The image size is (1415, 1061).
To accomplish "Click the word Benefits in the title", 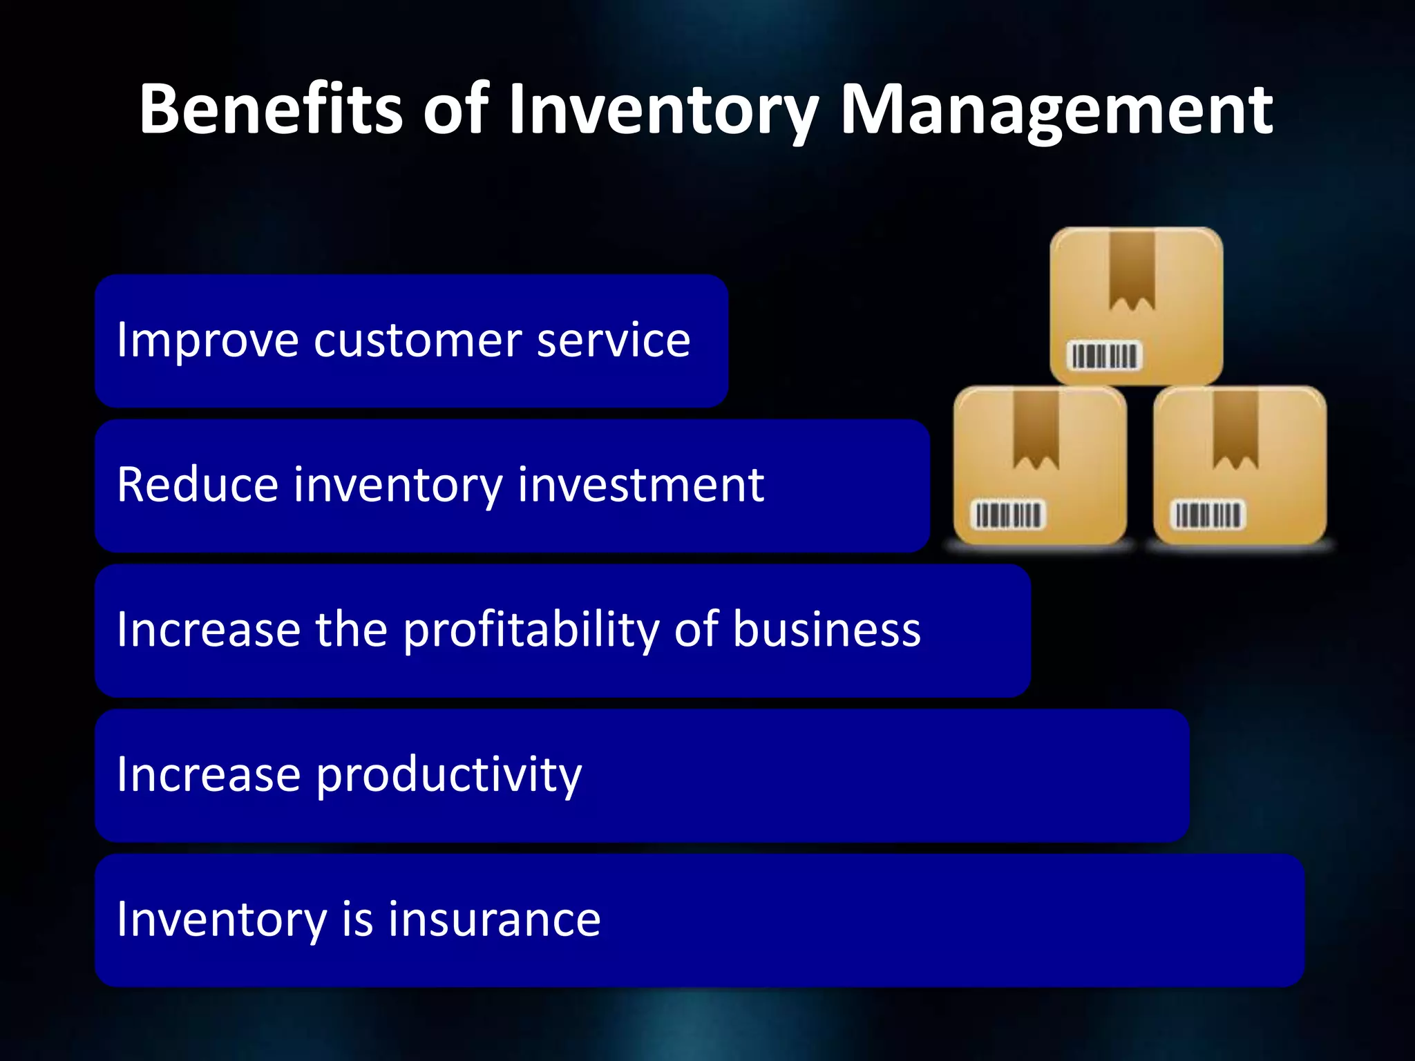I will coord(270,109).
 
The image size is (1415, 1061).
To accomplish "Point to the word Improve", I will coord(208,341).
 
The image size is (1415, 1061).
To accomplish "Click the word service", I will coord(613,341).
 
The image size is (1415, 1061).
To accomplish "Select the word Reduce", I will coord(198,485).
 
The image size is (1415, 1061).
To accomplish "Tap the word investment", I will coord(640,485).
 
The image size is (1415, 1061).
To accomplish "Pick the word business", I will coord(826,631).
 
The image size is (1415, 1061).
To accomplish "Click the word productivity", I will coord(449,776).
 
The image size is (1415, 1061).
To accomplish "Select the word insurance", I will coord(494,920).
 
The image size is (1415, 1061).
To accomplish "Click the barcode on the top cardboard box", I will coord(1104,356).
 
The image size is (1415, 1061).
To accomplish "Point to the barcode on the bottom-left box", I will coord(1008,515).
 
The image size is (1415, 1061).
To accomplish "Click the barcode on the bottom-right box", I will coord(1208,515).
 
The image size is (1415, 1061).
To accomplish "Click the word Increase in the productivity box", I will coord(208,776).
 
